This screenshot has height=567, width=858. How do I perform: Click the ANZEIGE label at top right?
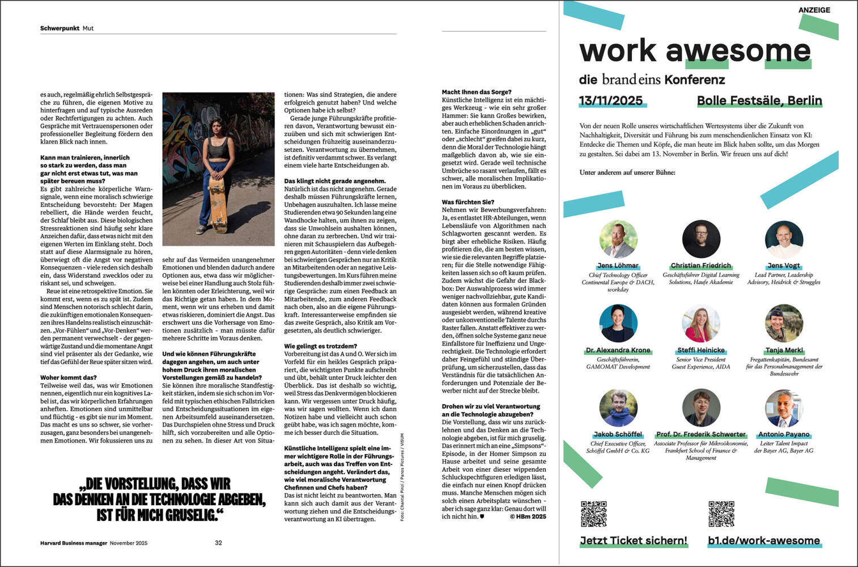[814, 10]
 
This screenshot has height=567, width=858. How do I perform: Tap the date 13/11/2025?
[610, 101]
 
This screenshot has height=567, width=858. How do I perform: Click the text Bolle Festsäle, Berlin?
[759, 101]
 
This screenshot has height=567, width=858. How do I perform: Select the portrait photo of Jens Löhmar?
[618, 239]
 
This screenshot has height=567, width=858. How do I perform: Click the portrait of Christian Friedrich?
[701, 239]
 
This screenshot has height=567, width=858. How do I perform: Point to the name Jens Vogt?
[784, 265]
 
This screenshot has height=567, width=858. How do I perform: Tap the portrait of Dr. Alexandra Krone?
[618, 323]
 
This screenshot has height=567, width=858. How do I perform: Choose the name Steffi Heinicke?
[701, 350]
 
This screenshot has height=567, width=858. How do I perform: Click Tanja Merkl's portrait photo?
[784, 323]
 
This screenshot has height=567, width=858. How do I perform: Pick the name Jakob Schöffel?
[618, 434]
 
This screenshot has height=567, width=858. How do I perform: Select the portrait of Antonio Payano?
[784, 408]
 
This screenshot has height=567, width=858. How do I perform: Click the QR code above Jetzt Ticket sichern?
[593, 514]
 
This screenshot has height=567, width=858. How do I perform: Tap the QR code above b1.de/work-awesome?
[721, 514]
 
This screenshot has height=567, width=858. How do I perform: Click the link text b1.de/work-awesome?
[763, 540]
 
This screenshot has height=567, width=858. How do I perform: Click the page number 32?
[218, 543]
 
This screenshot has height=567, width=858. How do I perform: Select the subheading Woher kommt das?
[68, 378]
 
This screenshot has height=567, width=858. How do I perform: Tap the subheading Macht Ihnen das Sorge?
[476, 92]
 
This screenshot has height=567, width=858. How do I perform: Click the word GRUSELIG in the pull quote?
[183, 515]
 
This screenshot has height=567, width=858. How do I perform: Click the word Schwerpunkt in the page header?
[60, 28]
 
